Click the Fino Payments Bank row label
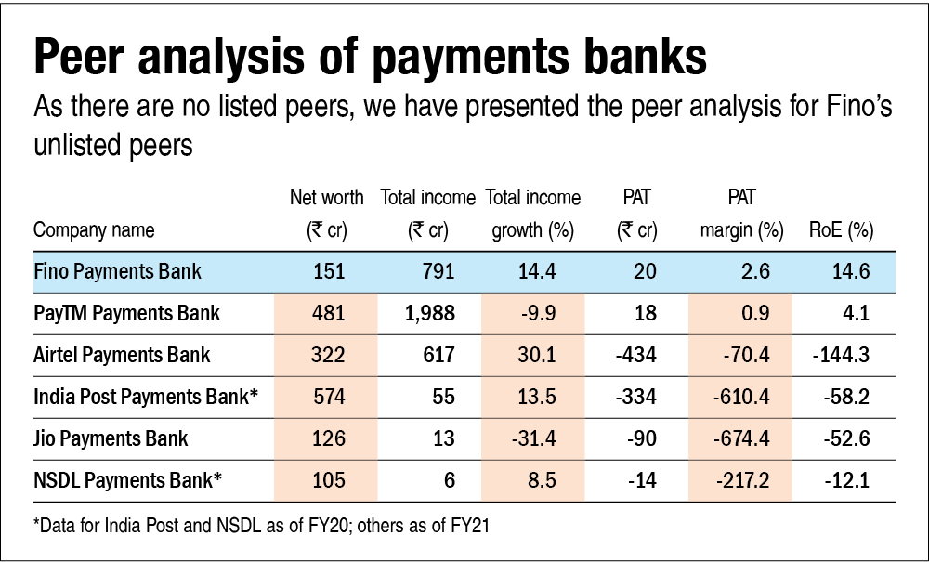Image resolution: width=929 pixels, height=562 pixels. (x=117, y=272)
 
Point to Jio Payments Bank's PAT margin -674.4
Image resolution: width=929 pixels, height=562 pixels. (x=741, y=438)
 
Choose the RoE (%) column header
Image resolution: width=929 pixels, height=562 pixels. (x=843, y=230)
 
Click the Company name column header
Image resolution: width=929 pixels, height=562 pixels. (x=94, y=230)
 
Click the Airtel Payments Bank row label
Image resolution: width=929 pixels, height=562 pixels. (x=122, y=355)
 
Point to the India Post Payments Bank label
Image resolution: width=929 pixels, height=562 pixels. (x=144, y=397)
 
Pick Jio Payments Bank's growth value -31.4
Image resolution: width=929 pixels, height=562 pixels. (x=534, y=438)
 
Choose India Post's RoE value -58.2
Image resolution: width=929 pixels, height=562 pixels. (x=846, y=397)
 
